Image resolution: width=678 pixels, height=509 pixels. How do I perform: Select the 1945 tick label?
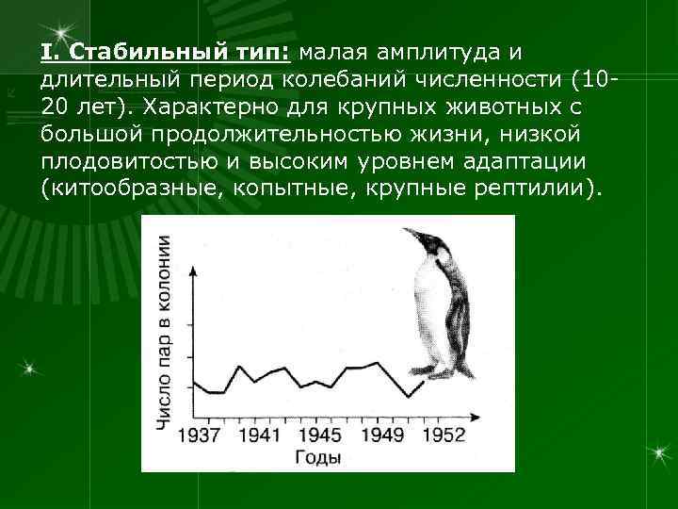tap(320, 435)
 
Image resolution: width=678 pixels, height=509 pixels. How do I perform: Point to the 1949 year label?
tap(380, 435)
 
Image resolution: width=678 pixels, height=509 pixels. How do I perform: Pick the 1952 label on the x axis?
tap(443, 435)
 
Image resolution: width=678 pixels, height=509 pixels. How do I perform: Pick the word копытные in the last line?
tap(277, 188)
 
